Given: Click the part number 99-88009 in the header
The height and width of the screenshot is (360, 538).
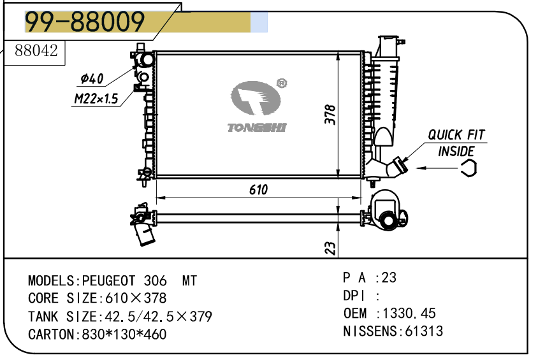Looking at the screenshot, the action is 85,22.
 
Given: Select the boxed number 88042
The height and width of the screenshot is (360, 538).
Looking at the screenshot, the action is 36,51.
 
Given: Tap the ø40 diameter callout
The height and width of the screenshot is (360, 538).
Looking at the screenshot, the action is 92,79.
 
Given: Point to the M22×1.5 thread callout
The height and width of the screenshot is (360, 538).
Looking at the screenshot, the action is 96,99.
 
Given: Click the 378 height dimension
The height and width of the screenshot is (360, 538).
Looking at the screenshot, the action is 330,115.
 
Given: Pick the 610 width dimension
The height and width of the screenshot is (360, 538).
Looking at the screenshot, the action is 258,190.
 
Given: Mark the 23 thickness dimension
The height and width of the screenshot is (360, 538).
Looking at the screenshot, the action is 330,248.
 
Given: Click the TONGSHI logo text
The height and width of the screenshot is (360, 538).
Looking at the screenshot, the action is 257,127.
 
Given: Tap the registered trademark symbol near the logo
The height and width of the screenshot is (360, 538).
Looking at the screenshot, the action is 282,83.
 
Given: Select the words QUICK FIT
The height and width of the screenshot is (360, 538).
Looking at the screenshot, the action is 456,134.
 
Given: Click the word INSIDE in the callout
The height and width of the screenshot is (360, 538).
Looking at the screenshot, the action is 456,151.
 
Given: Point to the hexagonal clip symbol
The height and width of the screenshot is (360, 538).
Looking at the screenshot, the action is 469,168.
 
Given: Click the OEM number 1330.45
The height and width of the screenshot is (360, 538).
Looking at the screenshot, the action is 409,313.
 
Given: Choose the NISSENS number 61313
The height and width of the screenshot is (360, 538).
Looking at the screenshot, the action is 424,331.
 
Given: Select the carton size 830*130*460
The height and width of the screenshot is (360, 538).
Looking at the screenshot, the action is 124,335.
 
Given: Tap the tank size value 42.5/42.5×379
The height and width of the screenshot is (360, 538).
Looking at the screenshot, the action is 158,317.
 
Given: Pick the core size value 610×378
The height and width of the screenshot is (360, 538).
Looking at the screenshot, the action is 136,298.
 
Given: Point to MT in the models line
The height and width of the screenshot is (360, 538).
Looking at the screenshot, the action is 189,281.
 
